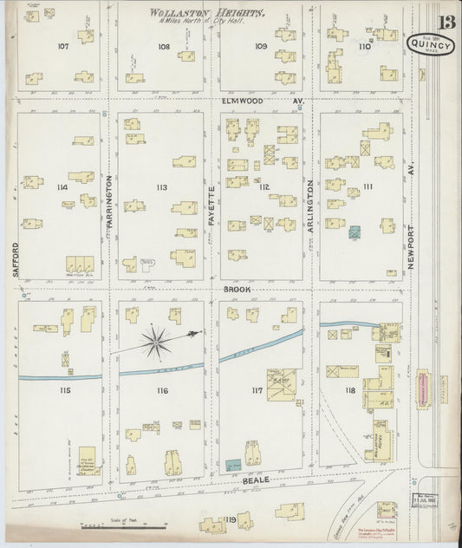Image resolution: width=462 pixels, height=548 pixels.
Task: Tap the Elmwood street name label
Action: point(240,101)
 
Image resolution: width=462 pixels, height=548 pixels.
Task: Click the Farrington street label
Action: point(110,203)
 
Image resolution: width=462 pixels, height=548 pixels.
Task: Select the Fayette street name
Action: point(211,205)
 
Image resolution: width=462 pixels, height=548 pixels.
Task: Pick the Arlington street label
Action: point(309,206)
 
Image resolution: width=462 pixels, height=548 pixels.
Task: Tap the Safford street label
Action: point(16,258)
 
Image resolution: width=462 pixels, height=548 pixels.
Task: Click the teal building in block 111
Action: point(354,232)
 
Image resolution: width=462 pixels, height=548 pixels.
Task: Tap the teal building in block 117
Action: point(231,466)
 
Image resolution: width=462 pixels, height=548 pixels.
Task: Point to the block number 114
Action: point(61,186)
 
